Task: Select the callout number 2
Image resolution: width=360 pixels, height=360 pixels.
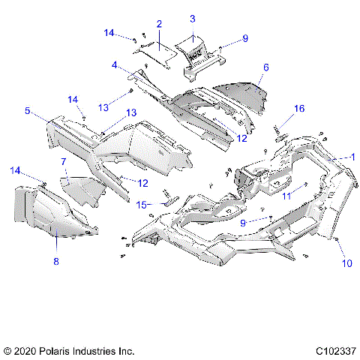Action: (x=159, y=25)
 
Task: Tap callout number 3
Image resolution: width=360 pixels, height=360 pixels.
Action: (x=192, y=18)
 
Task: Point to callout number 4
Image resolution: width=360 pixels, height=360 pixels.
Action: (x=115, y=65)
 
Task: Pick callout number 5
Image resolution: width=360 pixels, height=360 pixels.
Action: (x=27, y=111)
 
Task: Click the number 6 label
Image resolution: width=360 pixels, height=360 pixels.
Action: (x=265, y=67)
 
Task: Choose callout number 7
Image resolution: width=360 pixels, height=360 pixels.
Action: (x=63, y=162)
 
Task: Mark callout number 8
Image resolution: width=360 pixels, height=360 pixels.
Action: (x=56, y=262)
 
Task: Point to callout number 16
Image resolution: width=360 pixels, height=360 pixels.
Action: (x=298, y=109)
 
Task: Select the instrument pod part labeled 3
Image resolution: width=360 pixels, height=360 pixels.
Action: (x=193, y=54)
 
